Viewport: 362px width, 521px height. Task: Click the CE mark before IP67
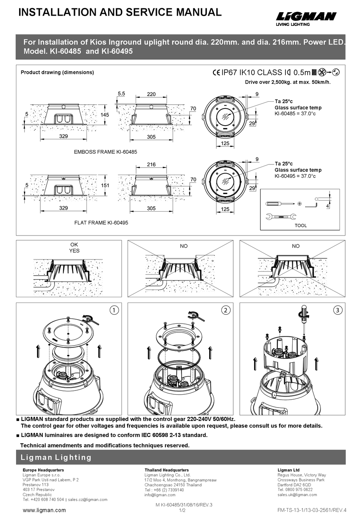[216, 72]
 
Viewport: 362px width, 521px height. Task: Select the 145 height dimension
[105, 115]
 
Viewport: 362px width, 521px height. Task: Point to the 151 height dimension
[105, 185]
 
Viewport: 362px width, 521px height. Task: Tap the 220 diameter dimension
[151, 94]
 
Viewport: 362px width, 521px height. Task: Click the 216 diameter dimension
[151, 164]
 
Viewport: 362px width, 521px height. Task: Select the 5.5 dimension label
[121, 93]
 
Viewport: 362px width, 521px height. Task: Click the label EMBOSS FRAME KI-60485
[105, 152]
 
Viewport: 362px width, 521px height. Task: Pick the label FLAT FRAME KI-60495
[101, 223]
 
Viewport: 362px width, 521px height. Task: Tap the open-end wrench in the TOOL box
[281, 217]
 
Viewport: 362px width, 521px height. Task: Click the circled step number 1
[114, 310]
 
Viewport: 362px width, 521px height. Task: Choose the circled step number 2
[226, 310]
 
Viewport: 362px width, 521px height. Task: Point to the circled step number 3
[338, 310]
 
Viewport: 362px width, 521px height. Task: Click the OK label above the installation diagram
[74, 245]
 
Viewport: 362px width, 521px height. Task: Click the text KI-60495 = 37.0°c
[295, 176]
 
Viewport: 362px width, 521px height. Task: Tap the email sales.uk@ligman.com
[297, 495]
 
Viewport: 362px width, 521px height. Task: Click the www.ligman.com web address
[44, 510]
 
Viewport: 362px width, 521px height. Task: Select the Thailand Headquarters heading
[167, 470]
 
